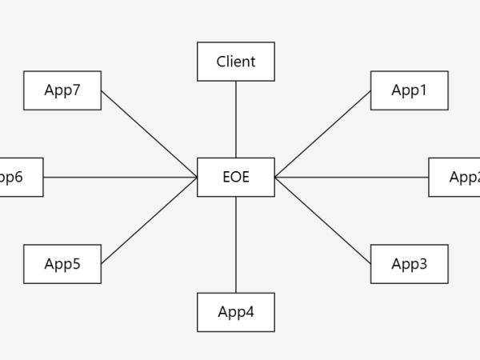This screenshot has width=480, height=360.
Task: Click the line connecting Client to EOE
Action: point(236,119)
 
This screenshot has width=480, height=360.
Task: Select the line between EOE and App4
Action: point(236,244)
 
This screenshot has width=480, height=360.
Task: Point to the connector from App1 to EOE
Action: point(322,134)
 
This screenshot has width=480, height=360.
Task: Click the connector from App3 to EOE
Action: point(322,220)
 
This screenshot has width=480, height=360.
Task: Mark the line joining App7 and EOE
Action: point(150,134)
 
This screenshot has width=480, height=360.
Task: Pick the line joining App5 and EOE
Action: point(150,220)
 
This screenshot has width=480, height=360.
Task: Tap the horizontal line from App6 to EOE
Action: point(120,177)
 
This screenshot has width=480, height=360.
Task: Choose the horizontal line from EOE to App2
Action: point(352,177)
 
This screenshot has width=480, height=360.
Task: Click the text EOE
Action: point(236,177)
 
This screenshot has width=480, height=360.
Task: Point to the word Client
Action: point(236,62)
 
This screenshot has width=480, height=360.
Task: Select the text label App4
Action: point(236,312)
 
